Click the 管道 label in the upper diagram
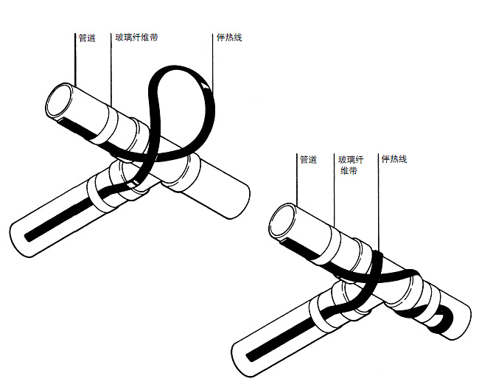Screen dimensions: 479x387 point(87,38)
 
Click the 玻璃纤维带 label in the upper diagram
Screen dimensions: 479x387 point(136,38)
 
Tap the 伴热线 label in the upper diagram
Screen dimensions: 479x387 point(229,38)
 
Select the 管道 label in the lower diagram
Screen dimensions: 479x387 point(308,159)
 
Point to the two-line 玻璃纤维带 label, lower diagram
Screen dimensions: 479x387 point(351,165)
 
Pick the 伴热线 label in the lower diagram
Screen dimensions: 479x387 point(394,159)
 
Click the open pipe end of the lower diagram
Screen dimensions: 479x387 point(282,220)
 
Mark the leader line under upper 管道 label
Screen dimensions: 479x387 point(75,59)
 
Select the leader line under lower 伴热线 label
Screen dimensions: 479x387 point(379,203)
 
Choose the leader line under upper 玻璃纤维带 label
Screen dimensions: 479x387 point(111,70)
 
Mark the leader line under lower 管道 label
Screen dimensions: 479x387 point(297,180)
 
